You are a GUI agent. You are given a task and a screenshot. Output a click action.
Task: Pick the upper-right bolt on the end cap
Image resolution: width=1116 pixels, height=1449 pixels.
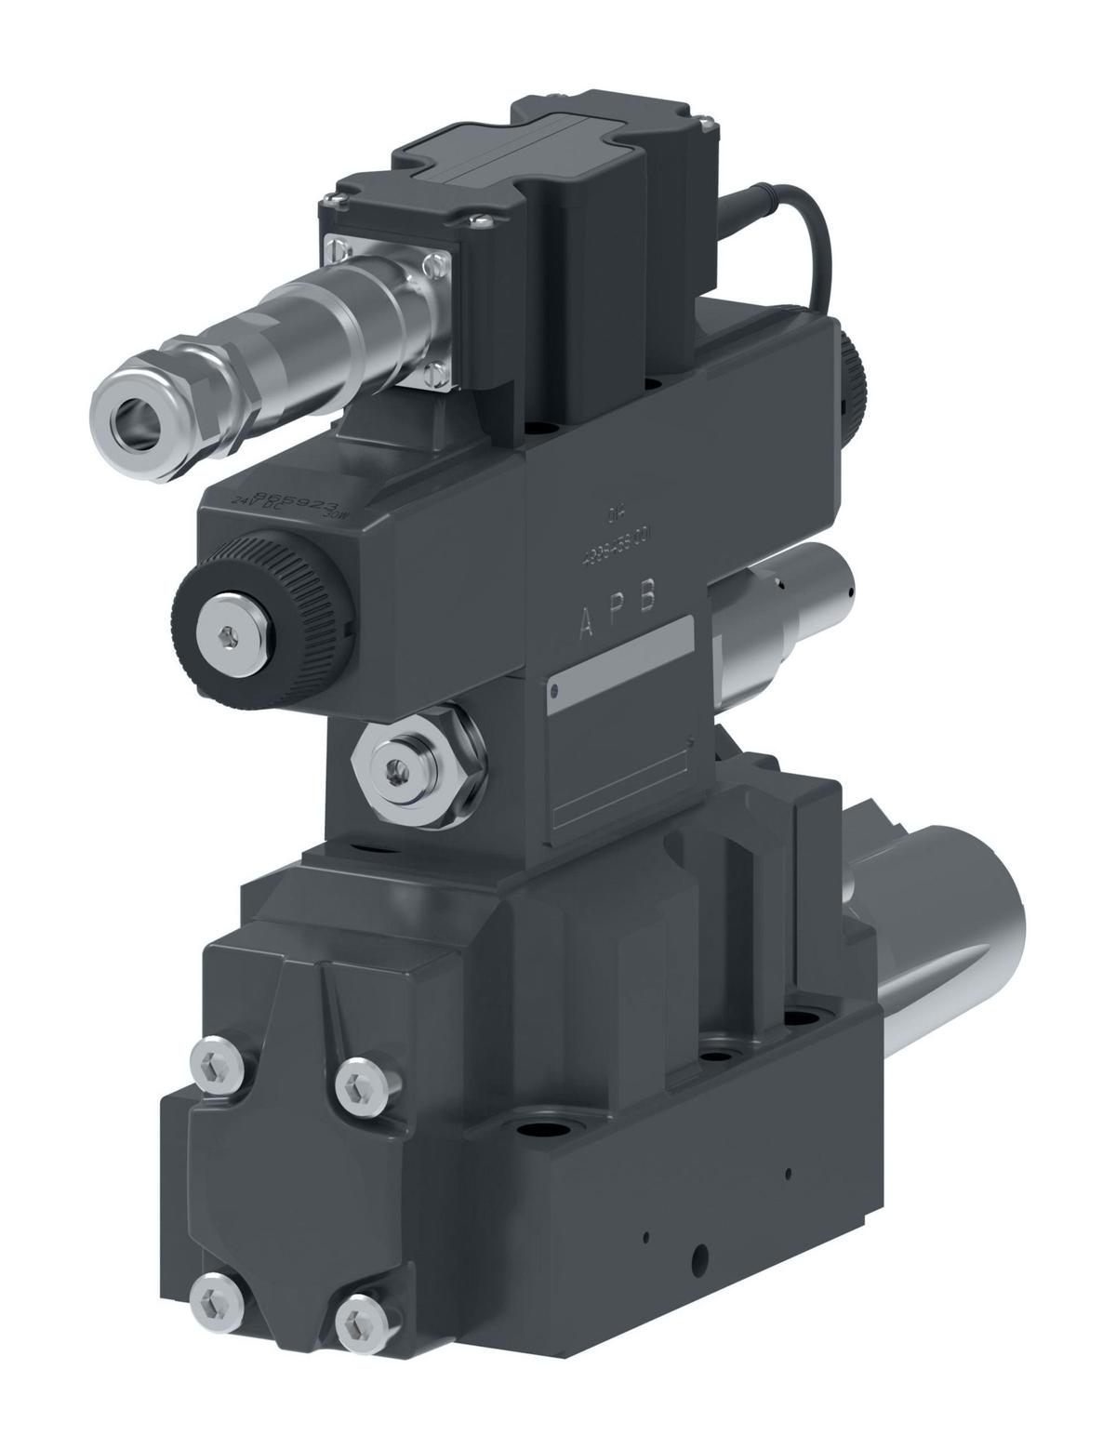(x=357, y=1083)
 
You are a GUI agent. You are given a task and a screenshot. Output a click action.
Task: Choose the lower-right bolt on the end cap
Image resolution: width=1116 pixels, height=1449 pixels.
(x=357, y=1321)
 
